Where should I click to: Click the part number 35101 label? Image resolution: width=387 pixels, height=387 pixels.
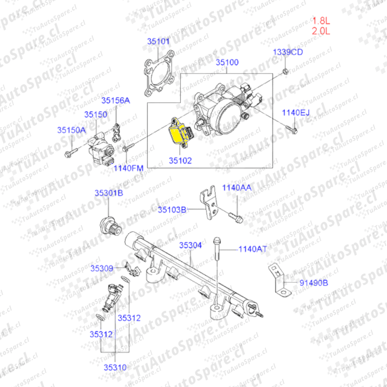[158, 42]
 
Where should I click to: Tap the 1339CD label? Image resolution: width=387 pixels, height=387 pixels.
[288, 52]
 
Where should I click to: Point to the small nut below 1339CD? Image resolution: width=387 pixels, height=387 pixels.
[285, 72]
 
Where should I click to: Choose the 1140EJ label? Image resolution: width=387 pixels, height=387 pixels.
[296, 113]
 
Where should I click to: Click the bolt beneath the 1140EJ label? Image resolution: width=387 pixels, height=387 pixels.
[291, 130]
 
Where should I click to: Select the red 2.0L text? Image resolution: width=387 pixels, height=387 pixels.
[321, 31]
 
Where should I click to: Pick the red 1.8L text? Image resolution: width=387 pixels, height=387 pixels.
[321, 21]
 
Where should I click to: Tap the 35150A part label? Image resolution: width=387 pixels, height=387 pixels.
[72, 130]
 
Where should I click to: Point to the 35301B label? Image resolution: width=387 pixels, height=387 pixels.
[109, 193]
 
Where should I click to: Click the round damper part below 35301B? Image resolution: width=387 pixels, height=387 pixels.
[111, 226]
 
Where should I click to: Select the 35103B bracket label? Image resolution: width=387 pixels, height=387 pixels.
[172, 210]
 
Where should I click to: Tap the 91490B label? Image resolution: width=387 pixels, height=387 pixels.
[314, 283]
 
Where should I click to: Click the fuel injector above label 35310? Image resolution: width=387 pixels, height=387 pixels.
[112, 298]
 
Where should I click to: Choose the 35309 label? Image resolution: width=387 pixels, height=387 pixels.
[102, 268]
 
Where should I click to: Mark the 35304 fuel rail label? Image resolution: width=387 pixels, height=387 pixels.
[190, 245]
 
